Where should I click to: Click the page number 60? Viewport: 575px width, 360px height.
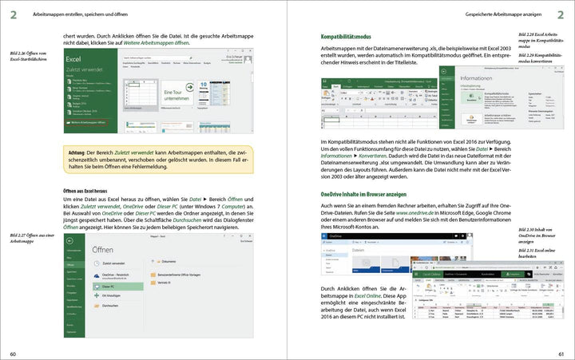click(13, 354)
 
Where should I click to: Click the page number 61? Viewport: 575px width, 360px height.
click(561, 354)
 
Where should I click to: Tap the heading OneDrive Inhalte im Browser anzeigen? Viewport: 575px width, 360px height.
click(373, 194)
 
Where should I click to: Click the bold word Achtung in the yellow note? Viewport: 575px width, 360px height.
click(77, 152)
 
